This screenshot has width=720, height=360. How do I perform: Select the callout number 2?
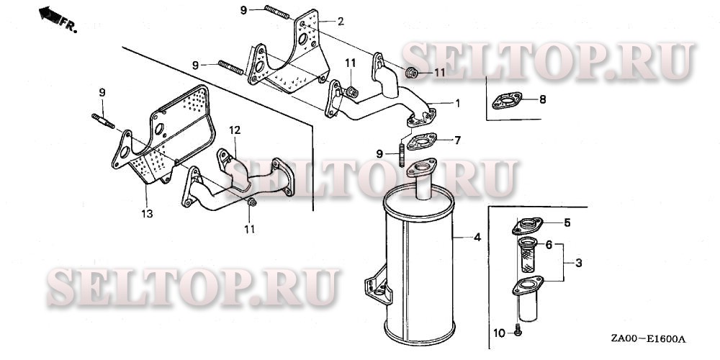click(341, 21)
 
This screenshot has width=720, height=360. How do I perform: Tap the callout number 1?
click(457, 103)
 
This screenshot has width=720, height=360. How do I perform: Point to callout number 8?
click(543, 99)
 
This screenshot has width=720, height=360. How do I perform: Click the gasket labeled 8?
click(507, 101)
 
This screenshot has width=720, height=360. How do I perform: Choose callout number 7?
click(457, 140)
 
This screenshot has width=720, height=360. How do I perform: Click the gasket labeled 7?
click(421, 141)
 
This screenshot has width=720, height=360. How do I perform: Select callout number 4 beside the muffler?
click(477, 238)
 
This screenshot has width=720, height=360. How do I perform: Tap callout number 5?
click(567, 223)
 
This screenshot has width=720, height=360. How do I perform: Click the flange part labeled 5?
click(528, 226)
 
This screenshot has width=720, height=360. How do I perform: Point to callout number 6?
click(548, 246)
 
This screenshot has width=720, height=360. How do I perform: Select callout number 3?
click(579, 263)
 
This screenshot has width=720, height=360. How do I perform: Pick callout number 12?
click(235, 130)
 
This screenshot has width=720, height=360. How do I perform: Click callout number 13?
click(147, 214)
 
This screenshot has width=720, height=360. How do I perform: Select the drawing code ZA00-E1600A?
click(648, 339)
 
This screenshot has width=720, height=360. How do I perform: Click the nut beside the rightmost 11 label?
click(411, 72)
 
